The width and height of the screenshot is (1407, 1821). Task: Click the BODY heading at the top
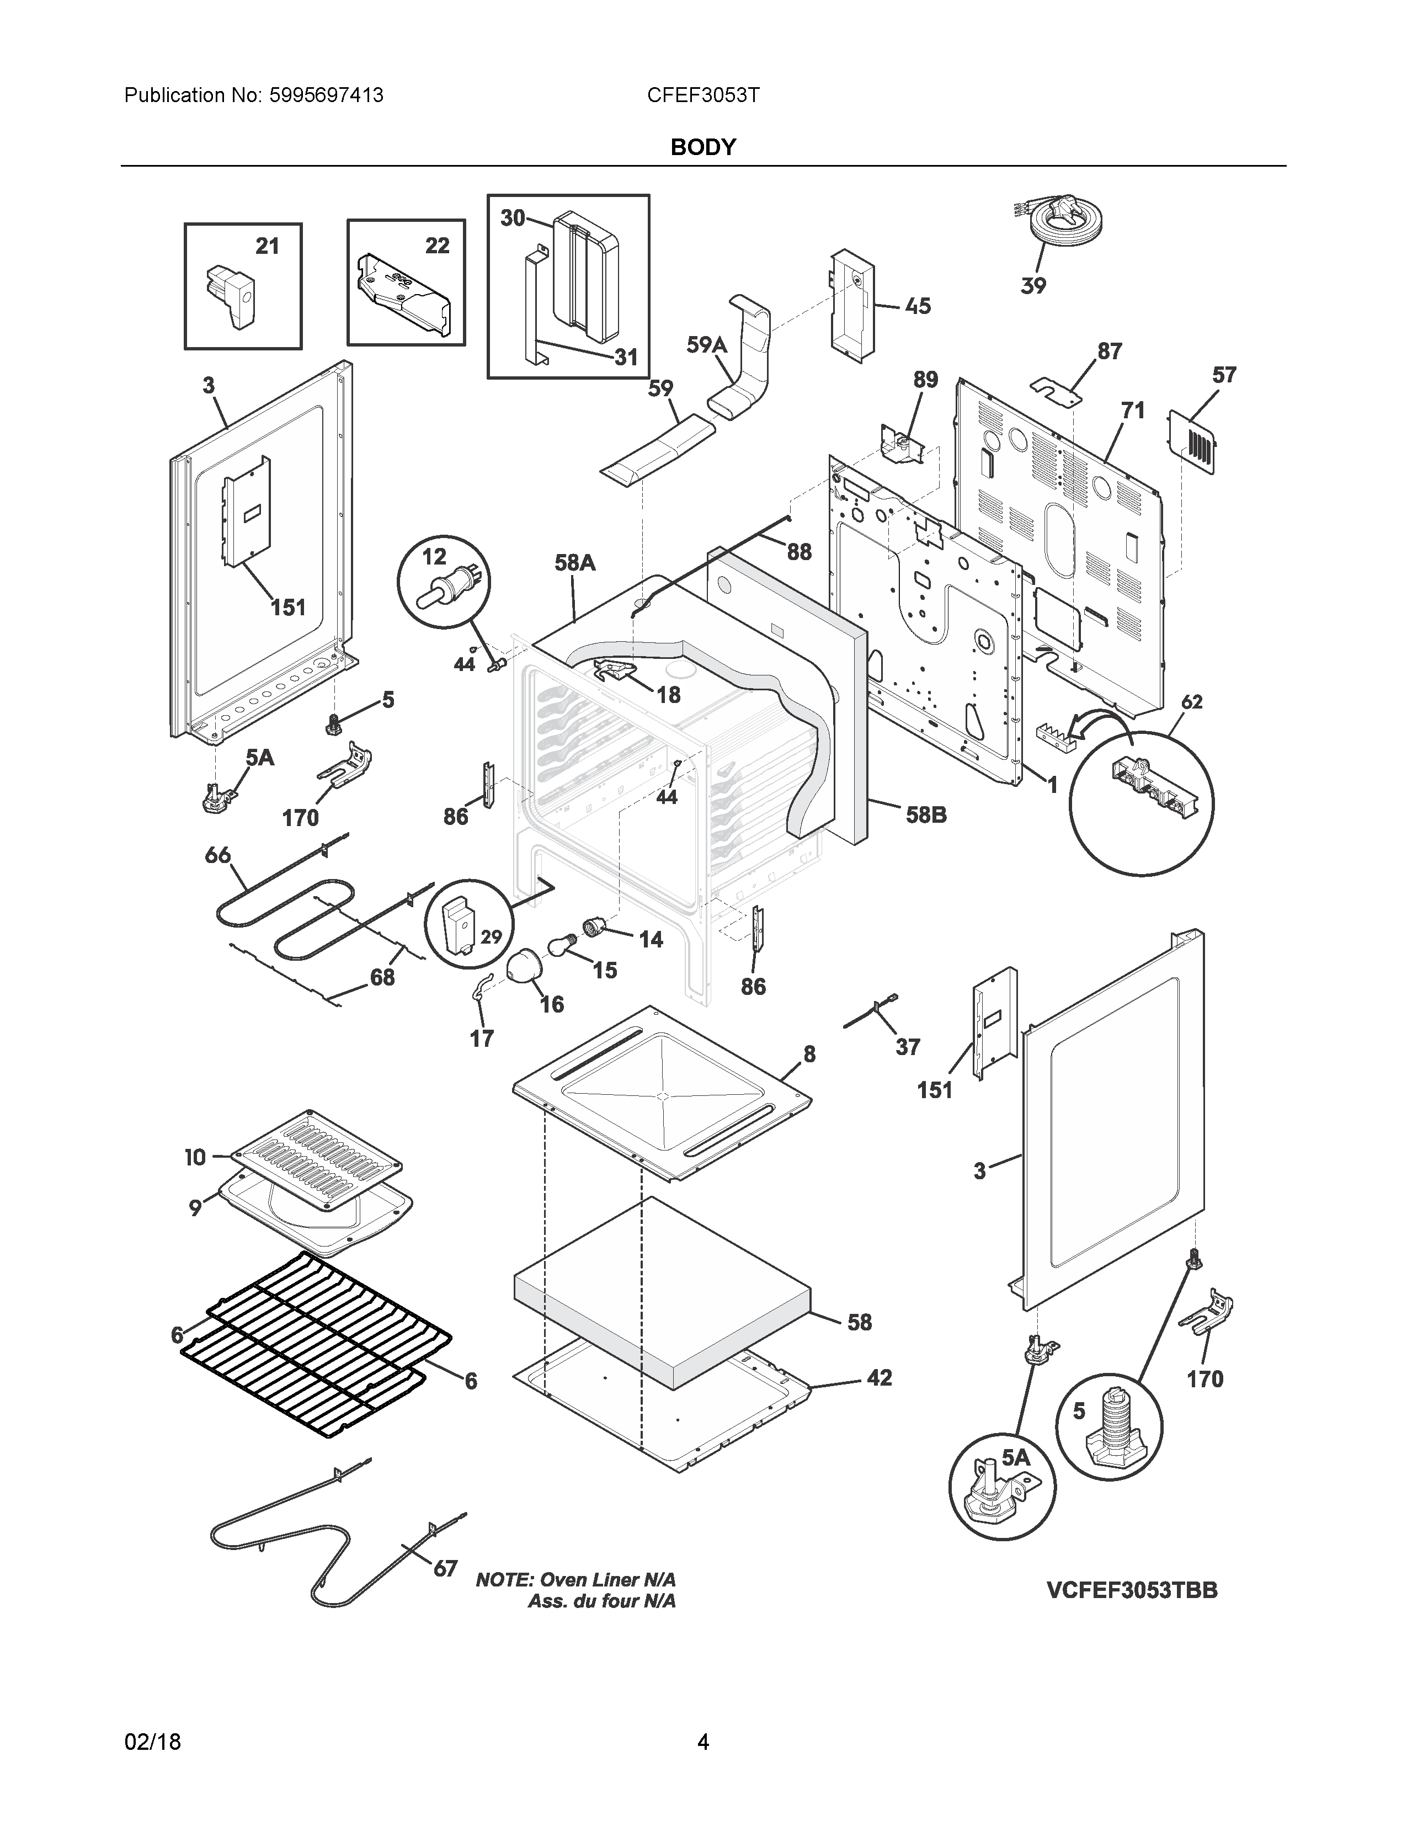click(x=702, y=147)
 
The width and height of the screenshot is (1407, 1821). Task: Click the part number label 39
click(x=1033, y=286)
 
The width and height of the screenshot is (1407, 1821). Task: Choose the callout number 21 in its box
click(x=267, y=246)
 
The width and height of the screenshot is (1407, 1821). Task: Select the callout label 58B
click(x=926, y=814)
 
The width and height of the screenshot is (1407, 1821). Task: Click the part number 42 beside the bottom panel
click(x=880, y=1377)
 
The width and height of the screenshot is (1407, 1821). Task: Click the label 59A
click(x=706, y=344)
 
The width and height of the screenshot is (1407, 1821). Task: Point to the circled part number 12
click(x=434, y=556)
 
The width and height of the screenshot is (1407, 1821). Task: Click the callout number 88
click(x=798, y=552)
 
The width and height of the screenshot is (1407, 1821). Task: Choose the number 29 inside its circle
click(x=491, y=936)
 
